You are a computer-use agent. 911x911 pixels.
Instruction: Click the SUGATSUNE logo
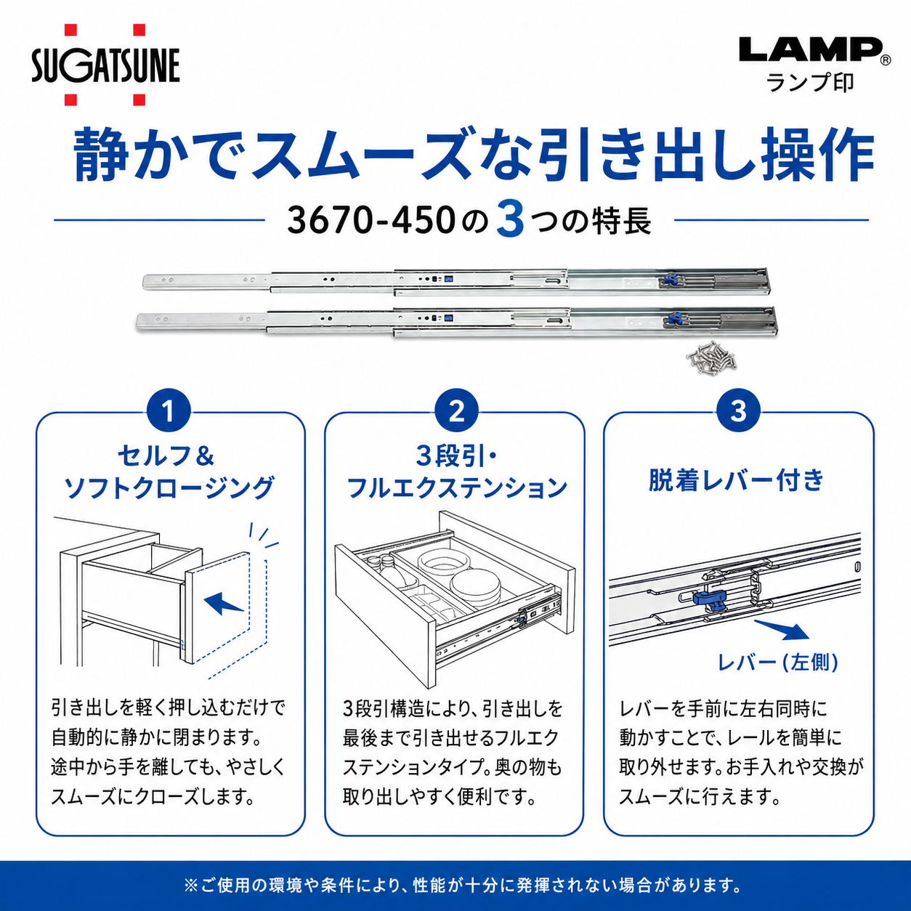[x=106, y=65]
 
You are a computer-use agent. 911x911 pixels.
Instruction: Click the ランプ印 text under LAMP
[x=810, y=83]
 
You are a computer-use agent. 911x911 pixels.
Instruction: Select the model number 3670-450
[x=371, y=220]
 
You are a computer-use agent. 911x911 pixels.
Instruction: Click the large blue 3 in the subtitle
[x=510, y=219]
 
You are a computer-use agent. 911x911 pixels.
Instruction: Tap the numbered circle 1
[x=169, y=411]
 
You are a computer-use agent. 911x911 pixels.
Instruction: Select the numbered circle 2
[x=457, y=411]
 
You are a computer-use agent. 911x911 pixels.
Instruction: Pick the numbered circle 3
[x=738, y=411]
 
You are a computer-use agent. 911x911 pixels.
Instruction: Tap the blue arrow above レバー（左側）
[x=782, y=630]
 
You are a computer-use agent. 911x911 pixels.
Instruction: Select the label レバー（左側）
[x=778, y=662]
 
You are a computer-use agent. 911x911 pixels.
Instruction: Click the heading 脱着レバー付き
[x=737, y=480]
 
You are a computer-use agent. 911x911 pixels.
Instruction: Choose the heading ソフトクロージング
[x=169, y=488]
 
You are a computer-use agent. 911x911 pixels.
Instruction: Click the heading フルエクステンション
[x=457, y=488]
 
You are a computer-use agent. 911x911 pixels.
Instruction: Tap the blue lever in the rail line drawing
[x=708, y=600]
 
